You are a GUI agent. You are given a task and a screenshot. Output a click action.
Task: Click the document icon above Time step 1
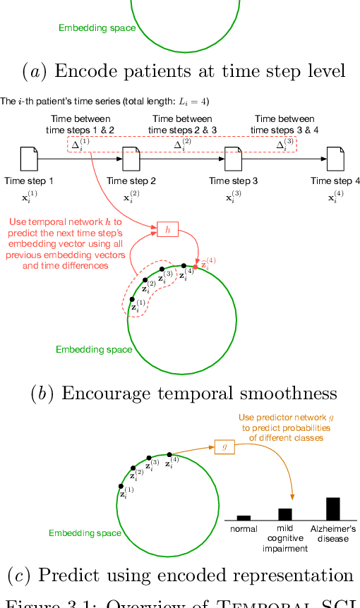point(29,159)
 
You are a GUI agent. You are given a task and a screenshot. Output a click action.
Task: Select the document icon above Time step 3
point(233,159)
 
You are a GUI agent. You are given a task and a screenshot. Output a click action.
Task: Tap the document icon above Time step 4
point(335,159)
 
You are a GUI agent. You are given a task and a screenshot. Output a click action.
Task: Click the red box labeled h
point(167,229)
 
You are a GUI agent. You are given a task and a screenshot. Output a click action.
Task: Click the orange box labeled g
point(224,446)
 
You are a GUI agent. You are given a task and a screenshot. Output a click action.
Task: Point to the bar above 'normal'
point(244,518)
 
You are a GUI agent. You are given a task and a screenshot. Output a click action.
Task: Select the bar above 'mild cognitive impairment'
point(284,514)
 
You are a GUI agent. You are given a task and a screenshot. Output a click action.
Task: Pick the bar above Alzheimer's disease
point(332,509)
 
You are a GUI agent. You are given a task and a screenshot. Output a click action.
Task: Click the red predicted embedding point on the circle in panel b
point(196,266)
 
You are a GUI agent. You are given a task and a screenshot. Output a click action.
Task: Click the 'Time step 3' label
point(233,181)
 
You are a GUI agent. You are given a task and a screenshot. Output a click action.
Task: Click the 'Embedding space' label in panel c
point(85,533)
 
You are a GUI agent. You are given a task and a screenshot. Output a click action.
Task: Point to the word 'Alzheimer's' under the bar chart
point(332,528)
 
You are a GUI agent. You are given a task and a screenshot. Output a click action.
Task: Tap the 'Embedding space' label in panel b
point(94,349)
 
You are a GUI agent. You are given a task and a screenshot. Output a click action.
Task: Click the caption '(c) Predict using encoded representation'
point(181,573)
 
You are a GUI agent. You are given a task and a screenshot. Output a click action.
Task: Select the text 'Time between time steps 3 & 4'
point(284,125)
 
